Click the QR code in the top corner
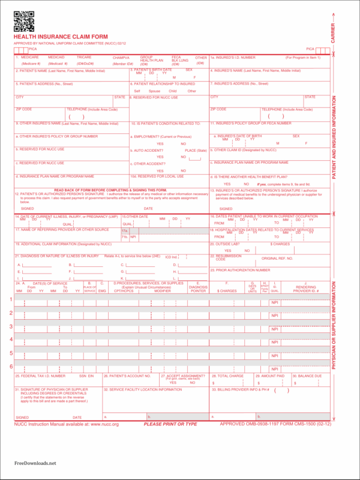[x=23, y=21]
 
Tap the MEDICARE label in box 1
[x=30, y=57]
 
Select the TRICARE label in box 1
[x=85, y=57]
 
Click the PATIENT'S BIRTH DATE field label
[x=151, y=70]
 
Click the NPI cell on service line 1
[x=274, y=303]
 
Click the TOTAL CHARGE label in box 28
[x=230, y=376]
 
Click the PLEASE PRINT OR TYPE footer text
[x=170, y=424]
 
